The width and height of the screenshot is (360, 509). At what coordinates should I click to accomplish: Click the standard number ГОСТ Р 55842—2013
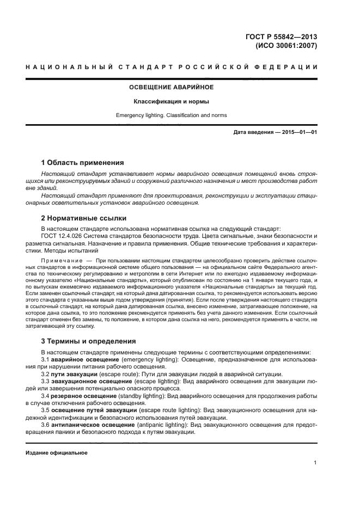[x=284, y=37]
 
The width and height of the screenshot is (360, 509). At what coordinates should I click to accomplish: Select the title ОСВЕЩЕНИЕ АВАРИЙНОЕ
[x=171, y=87]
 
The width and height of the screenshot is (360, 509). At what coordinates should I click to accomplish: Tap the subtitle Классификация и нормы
[x=171, y=101]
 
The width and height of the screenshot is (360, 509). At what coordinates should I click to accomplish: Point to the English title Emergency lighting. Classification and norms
[x=171, y=115]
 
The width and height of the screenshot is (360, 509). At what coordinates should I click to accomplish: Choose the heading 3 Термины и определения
[x=88, y=341]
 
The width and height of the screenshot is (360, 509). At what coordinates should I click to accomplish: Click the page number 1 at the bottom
[x=315, y=463]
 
